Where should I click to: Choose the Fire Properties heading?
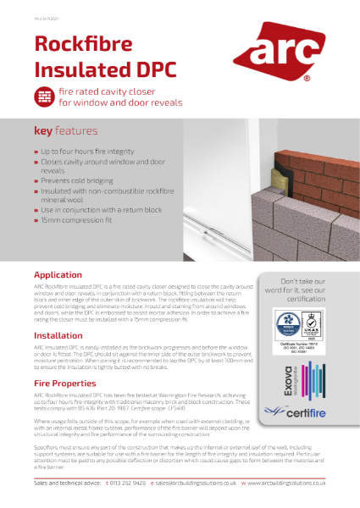(x=66, y=384)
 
